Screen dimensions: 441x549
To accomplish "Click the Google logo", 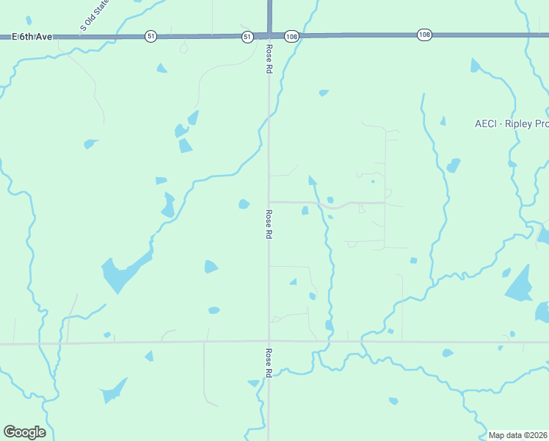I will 24,431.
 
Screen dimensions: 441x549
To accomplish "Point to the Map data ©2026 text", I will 518,435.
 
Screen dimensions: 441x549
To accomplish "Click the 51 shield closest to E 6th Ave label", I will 150,36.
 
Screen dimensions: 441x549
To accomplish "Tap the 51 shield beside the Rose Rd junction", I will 247,36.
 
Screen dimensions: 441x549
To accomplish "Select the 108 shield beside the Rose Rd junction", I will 291,36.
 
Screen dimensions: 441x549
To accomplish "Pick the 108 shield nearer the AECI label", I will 424,35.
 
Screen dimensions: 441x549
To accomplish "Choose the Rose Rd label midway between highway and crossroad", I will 269,224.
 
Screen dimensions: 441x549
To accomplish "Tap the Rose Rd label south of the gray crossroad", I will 269,362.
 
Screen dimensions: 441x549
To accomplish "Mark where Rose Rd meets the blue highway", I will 269,35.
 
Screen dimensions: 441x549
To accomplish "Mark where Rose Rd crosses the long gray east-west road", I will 269,341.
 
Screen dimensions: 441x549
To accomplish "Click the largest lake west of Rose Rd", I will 121,273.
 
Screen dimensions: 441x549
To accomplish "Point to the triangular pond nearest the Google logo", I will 113,391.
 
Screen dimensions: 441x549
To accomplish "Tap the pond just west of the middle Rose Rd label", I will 244,204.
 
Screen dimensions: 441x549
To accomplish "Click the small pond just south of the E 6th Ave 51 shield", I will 161,68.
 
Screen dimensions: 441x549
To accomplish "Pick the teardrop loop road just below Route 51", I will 183,48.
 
